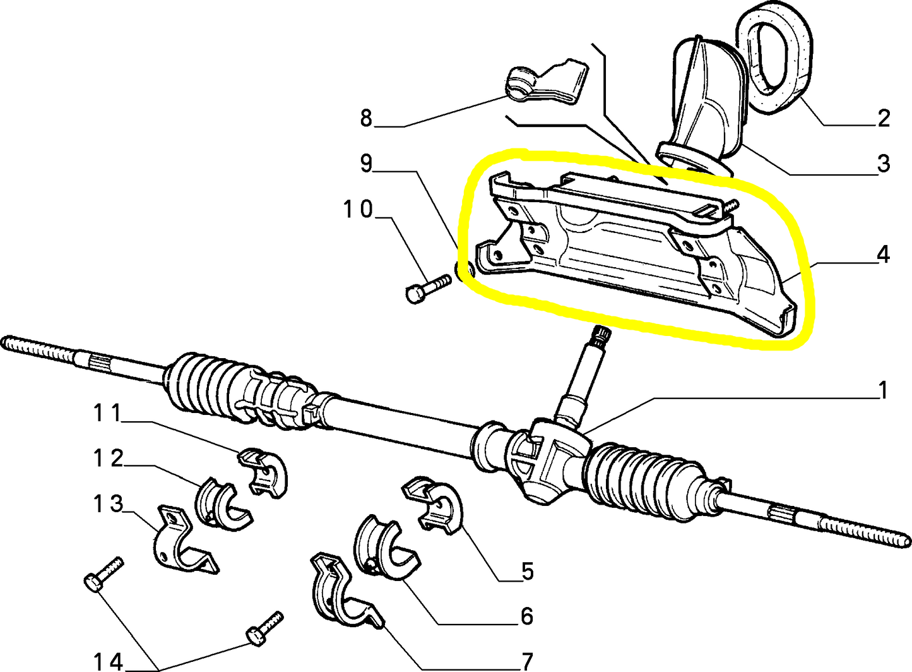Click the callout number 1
883,390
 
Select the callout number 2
883,118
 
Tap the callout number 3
883,164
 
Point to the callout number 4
883,255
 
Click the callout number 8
366,118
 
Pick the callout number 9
366,164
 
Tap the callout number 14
108,661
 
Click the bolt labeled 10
426,287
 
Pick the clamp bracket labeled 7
341,591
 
